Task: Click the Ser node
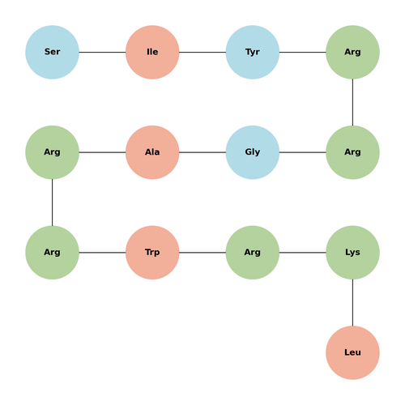pyautogui.click(x=52, y=52)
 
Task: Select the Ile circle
pyautogui.click(x=152, y=52)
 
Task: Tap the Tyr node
pyautogui.click(x=253, y=52)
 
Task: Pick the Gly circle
pyautogui.click(x=253, y=152)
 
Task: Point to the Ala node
pyautogui.click(x=152, y=152)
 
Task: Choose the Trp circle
pyautogui.click(x=152, y=253)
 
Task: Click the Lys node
pyautogui.click(x=352, y=253)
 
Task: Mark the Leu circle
pyautogui.click(x=352, y=352)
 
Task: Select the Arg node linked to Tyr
pyautogui.click(x=352, y=52)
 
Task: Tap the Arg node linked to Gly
pyautogui.click(x=352, y=152)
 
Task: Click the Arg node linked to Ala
pyautogui.click(x=52, y=152)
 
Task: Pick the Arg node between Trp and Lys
pyautogui.click(x=253, y=253)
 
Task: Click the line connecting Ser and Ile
pyautogui.click(x=102, y=52)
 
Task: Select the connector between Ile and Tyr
pyautogui.click(x=202, y=52)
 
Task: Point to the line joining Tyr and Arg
pyautogui.click(x=302, y=52)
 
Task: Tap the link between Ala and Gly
pyautogui.click(x=202, y=152)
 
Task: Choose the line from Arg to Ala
pyautogui.click(x=102, y=152)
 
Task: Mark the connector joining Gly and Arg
pyautogui.click(x=302, y=152)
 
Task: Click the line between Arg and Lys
pyautogui.click(x=302, y=253)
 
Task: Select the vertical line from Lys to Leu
pyautogui.click(x=352, y=302)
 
